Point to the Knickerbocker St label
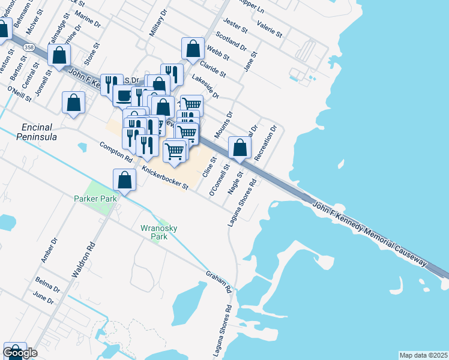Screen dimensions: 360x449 (x=165, y=179)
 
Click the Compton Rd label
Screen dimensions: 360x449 (x=115, y=152)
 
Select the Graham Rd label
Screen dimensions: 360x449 (x=219, y=281)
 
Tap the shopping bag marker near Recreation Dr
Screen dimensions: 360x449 (x=240, y=147)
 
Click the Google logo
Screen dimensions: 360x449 (x=19, y=353)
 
